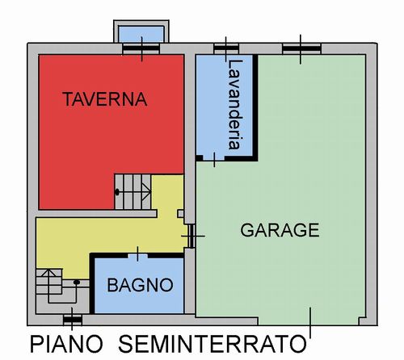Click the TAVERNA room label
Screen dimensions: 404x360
tap(105, 99)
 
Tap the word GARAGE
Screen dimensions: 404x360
tap(280, 230)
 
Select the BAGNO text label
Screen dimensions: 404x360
tap(140, 285)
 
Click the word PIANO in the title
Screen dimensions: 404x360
tap(66, 344)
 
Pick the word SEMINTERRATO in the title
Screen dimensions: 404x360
tap(213, 344)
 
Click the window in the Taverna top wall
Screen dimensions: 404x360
tap(141, 48)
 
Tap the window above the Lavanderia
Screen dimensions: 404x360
tap(226, 48)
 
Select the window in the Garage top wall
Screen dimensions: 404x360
tap(301, 48)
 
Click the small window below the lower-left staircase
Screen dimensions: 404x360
tap(73, 320)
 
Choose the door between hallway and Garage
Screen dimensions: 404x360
tap(191, 237)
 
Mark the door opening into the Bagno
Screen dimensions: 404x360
tap(137, 255)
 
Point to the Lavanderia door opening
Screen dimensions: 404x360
tap(214, 158)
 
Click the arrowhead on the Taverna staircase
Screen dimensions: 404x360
tap(146, 192)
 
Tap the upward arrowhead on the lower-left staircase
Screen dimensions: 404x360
tap(48, 273)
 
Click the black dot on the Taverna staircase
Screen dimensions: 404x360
tap(117, 192)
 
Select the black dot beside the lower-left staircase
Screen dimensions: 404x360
tap(77, 282)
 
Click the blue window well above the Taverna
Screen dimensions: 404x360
tap(141, 34)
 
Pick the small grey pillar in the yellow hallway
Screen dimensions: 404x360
tap(181, 214)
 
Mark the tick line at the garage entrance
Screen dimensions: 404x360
tap(310, 322)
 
